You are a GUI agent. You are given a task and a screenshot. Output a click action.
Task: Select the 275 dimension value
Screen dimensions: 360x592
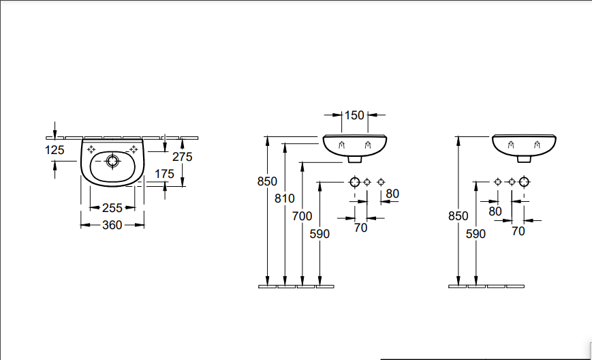coord(183,157)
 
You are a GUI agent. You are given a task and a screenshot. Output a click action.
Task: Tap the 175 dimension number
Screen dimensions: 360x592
coord(164,174)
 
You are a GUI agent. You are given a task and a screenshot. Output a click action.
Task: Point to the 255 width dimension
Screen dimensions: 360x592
coord(112,208)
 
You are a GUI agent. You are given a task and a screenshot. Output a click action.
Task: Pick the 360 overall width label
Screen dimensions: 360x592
coord(112,224)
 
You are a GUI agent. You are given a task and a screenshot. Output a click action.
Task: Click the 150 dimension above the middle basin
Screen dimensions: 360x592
coord(354,115)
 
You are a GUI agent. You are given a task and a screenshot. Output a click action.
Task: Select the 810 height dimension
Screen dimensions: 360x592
coord(285,198)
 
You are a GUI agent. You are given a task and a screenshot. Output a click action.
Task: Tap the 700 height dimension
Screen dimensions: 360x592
coord(302,216)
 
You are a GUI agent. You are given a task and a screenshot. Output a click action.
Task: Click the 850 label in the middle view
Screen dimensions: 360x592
coord(267,181)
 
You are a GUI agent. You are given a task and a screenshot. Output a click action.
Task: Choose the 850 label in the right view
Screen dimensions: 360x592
coord(458,215)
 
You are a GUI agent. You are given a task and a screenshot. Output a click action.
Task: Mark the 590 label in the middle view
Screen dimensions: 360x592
coord(320,234)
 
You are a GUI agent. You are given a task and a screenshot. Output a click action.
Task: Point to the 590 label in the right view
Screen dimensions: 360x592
coord(476,234)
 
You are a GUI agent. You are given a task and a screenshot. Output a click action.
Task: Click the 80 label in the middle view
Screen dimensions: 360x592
coord(392,194)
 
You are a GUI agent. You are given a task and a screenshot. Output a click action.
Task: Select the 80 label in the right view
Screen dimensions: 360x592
coord(495,211)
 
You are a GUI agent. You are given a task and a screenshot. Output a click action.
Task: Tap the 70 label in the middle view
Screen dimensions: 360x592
coord(361,228)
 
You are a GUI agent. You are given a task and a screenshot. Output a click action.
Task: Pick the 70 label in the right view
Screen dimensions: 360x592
coord(518,230)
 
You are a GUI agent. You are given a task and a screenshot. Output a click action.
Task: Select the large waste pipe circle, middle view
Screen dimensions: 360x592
coord(354,182)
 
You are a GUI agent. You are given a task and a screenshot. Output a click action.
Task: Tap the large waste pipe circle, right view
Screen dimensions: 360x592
coord(524,182)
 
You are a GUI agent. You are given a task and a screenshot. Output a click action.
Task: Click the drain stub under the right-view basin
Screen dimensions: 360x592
coord(525,159)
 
